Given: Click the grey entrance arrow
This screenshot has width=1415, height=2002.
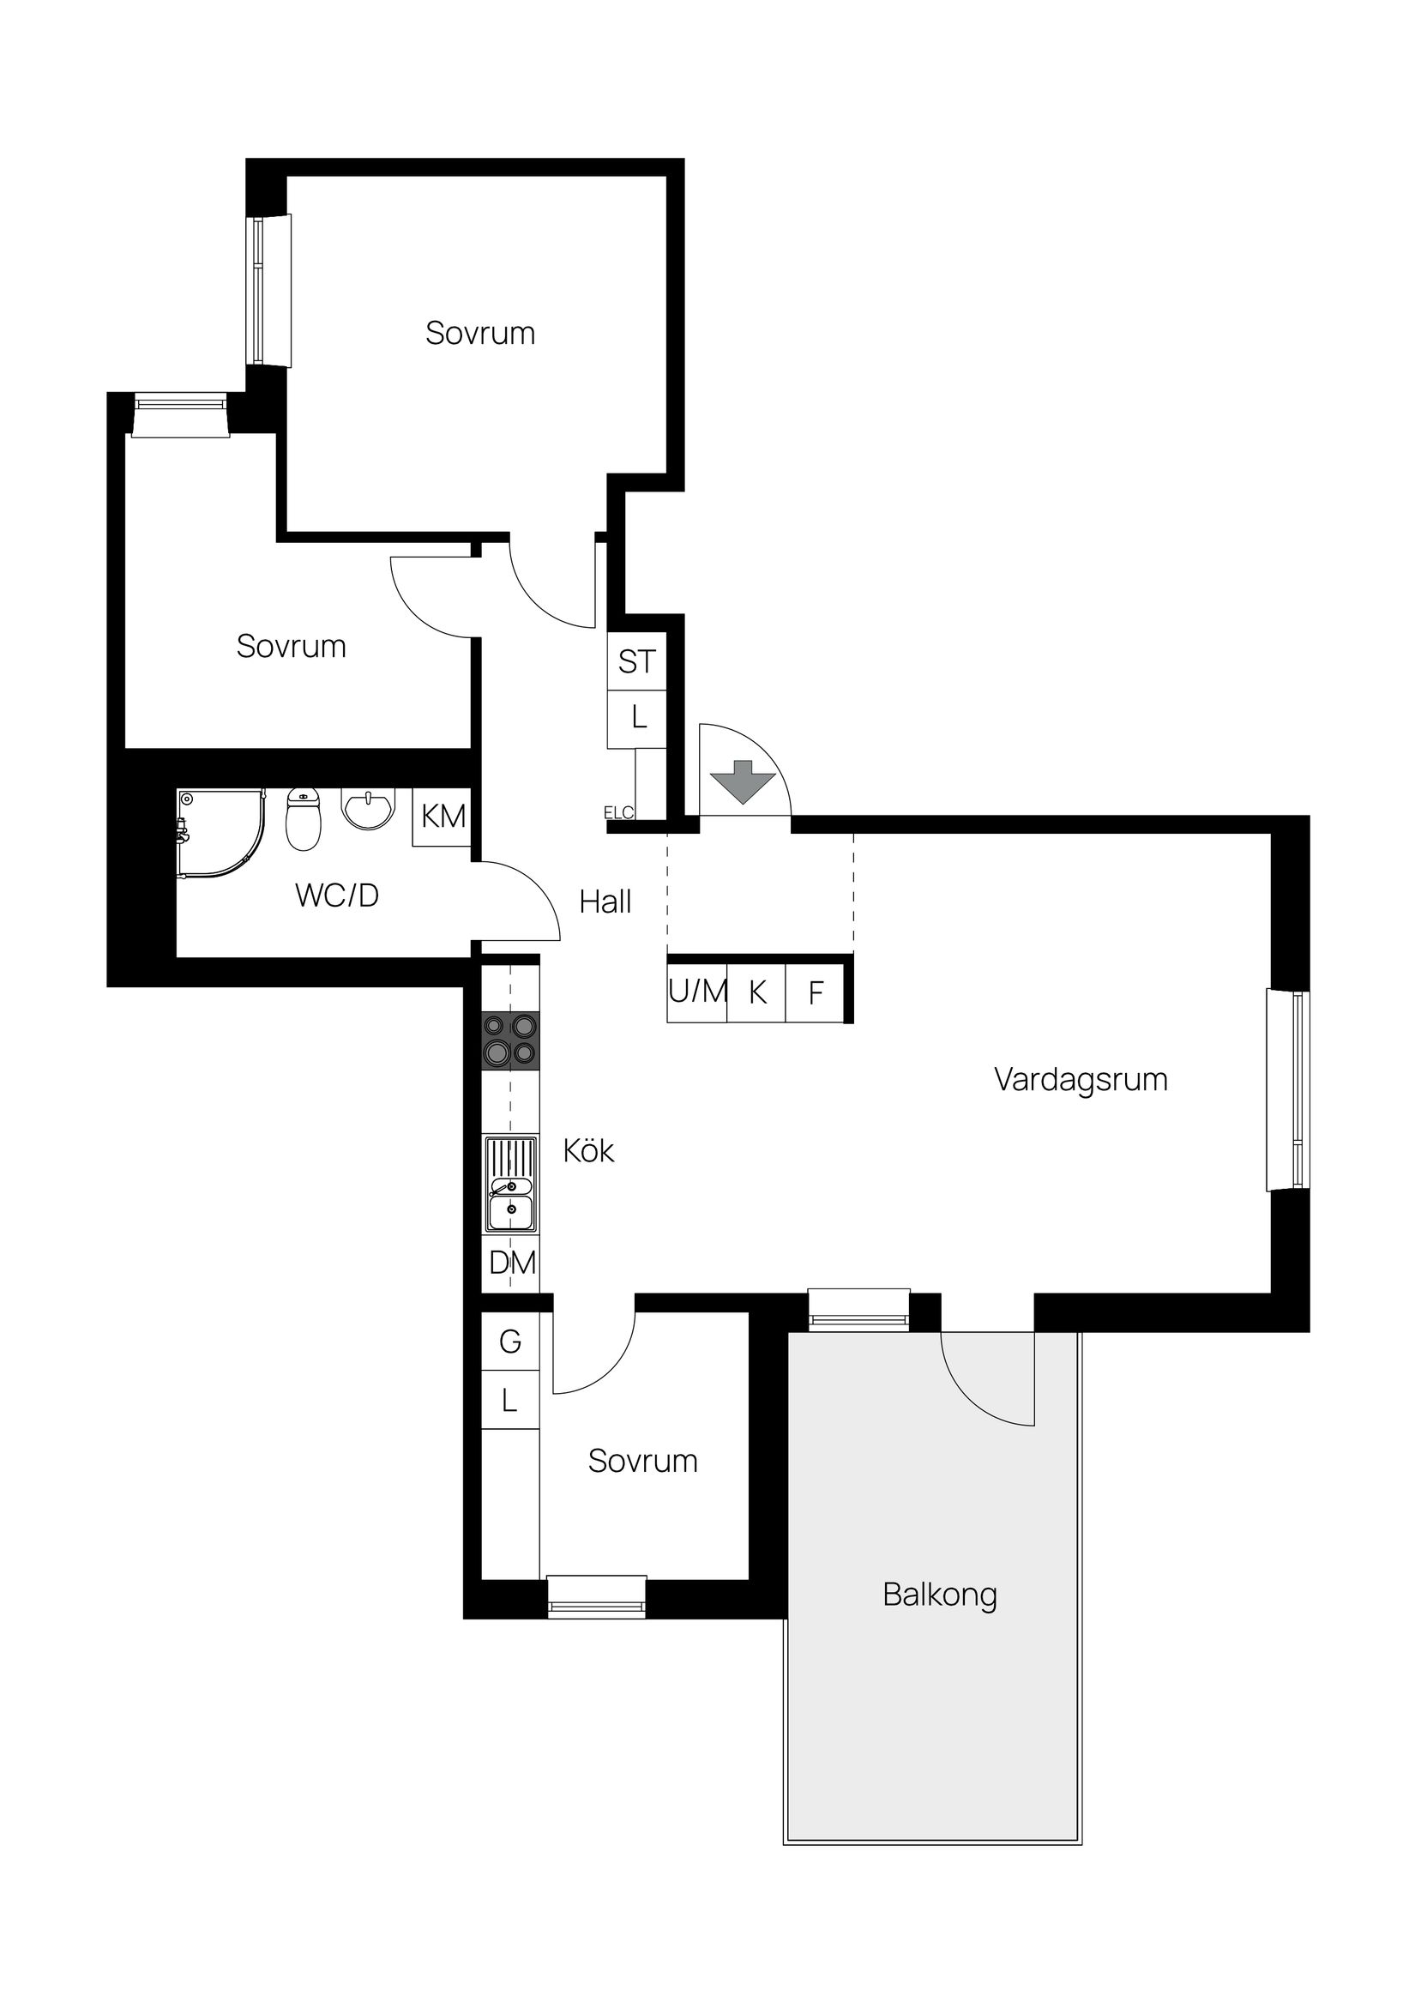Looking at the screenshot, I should click(742, 781).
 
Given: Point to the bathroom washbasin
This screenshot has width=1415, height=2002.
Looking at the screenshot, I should click(369, 807).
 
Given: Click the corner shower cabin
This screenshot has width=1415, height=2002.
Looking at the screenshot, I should click(218, 833).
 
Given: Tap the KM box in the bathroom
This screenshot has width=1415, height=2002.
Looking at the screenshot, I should click(443, 817).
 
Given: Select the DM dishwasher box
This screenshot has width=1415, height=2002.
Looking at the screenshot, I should click(512, 1263).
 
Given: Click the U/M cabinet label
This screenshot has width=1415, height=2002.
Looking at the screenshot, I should click(697, 992).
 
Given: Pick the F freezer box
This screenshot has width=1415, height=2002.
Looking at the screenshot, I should click(816, 992).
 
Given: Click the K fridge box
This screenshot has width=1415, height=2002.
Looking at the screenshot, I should click(756, 992).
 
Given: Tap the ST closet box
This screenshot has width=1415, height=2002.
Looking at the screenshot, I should click(636, 662).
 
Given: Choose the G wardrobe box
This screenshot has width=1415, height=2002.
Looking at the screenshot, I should click(510, 1341).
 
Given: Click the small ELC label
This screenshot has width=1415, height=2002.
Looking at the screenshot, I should click(618, 813).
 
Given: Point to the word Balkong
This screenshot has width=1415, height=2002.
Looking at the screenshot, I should click(939, 1595).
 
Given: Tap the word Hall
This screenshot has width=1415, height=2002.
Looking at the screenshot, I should click(605, 902).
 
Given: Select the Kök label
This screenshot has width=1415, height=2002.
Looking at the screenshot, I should click(588, 1151).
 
